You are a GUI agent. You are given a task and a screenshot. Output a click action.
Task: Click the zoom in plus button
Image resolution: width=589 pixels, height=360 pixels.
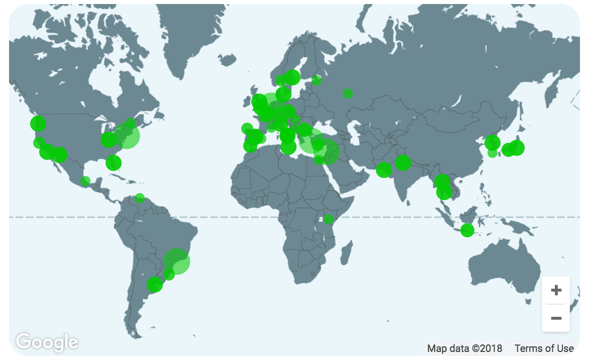click(x=556, y=291)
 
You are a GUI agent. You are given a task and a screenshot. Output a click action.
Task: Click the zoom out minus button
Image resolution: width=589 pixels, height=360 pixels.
click(x=556, y=318)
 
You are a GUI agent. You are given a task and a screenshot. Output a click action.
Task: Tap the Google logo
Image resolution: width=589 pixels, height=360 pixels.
click(x=47, y=342)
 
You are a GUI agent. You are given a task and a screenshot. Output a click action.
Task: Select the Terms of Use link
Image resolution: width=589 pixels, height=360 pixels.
click(x=544, y=348)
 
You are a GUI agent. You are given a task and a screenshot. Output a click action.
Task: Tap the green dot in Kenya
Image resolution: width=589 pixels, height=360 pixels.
click(x=329, y=219)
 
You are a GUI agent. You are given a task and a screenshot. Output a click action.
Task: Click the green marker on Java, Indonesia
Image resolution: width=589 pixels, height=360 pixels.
click(x=467, y=230)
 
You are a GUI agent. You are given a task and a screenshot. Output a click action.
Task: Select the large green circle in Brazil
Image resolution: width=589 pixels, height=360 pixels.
click(x=177, y=261)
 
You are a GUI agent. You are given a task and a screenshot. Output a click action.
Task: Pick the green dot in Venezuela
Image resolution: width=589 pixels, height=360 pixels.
click(x=140, y=198)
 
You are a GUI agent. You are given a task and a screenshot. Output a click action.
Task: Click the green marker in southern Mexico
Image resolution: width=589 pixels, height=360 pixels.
click(x=85, y=181)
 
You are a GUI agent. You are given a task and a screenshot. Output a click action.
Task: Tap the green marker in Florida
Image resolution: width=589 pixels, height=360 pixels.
click(x=114, y=162)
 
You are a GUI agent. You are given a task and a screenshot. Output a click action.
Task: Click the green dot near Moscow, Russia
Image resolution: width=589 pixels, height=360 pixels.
click(x=348, y=94)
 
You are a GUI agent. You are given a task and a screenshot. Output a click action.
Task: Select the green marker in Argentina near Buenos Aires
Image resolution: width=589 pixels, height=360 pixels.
click(x=155, y=285)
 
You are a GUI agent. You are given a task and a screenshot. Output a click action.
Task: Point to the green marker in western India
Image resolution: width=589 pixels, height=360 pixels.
click(x=384, y=170)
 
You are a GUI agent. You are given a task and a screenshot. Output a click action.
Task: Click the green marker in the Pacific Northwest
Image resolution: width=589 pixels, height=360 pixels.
click(x=38, y=123)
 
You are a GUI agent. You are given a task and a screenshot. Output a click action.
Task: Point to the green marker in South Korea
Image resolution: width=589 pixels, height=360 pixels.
click(x=493, y=142)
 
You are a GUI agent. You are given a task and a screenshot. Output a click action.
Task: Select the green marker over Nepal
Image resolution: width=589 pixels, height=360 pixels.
click(x=403, y=163)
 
